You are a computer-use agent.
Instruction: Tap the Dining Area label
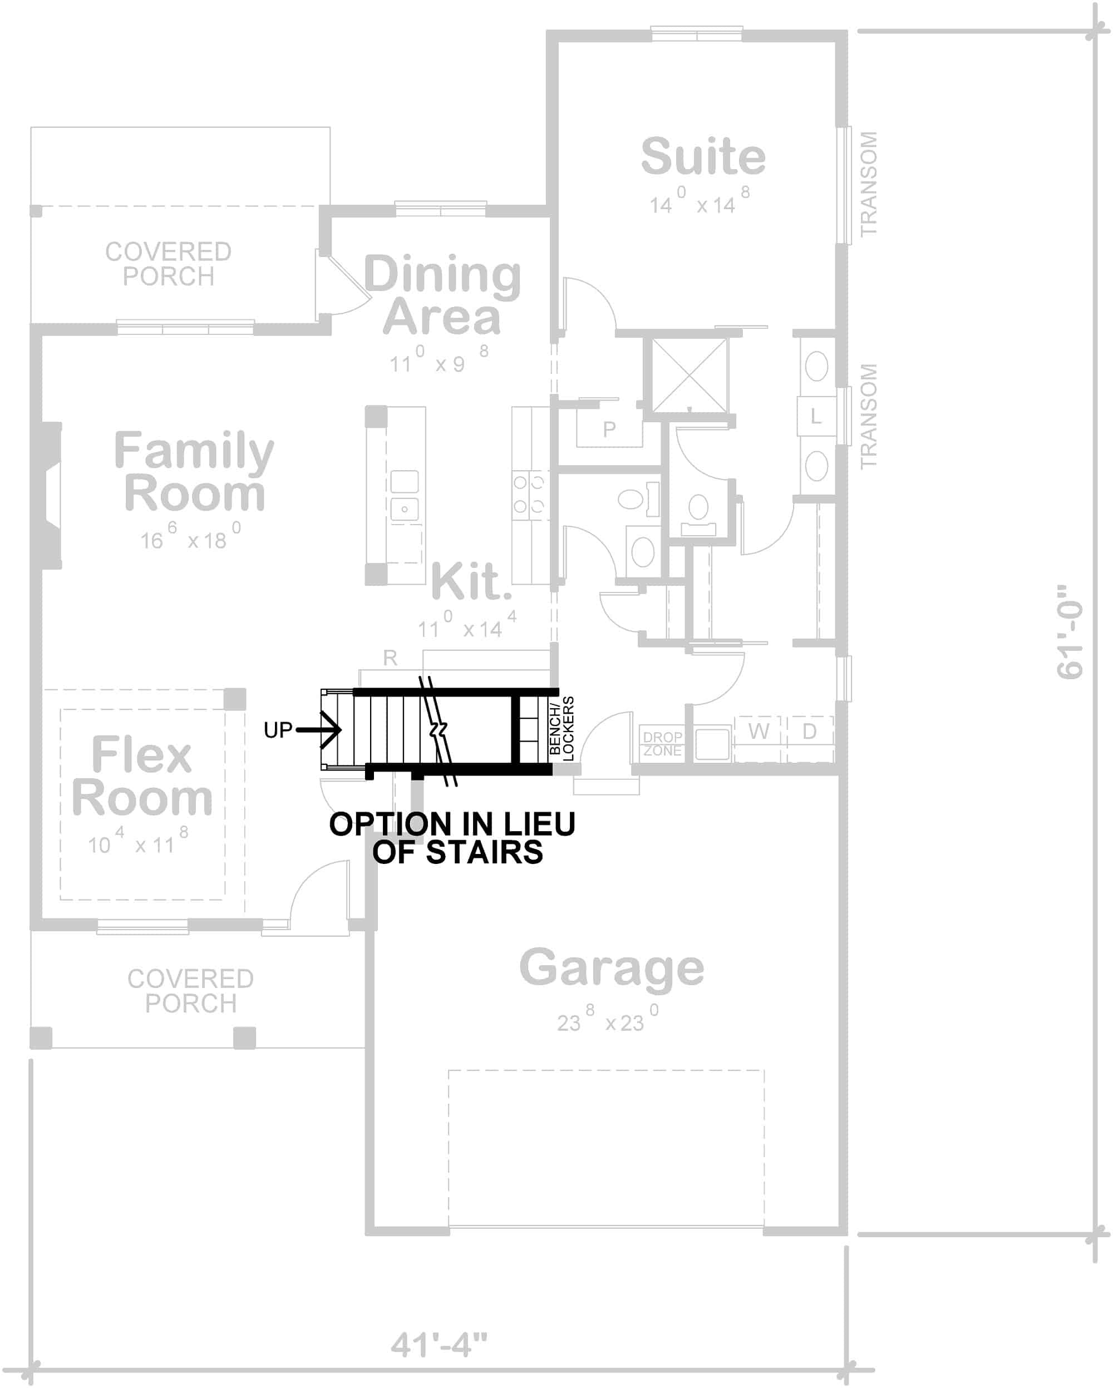[442, 295]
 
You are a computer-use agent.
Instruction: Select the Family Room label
[194, 471]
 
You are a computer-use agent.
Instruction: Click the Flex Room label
[142, 775]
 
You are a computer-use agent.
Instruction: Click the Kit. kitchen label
[471, 582]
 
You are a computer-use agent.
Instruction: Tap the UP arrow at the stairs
[319, 729]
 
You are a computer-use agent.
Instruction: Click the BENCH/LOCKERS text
[561, 729]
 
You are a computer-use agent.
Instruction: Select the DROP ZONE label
[662, 744]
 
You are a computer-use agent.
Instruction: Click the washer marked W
[758, 732]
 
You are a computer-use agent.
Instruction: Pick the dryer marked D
[810, 732]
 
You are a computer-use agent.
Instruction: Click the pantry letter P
[609, 429]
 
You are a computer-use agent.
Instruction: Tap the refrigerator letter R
[390, 658]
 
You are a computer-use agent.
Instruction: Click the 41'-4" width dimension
[439, 1345]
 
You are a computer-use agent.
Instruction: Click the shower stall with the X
[689, 376]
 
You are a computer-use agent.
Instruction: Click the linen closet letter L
[815, 417]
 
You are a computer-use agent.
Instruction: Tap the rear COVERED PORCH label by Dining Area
[168, 264]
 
